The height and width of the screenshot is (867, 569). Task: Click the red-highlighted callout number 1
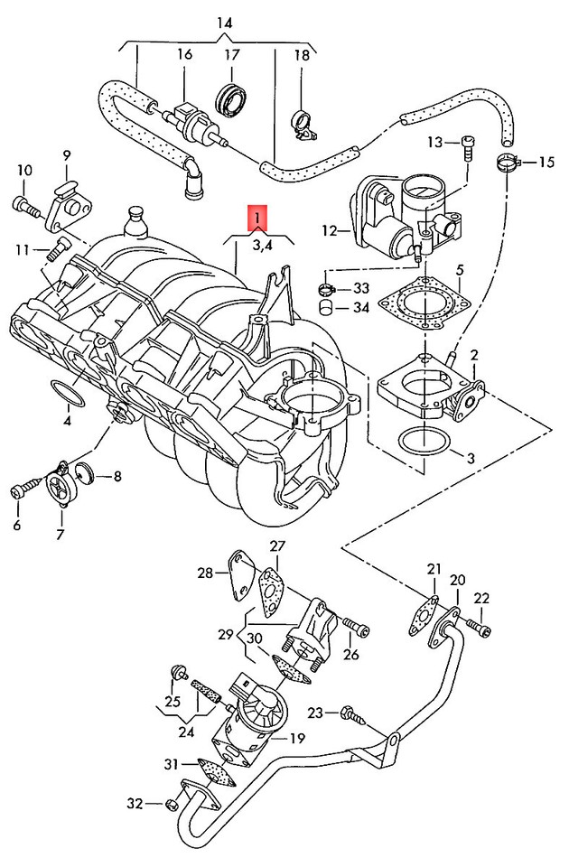(x=258, y=218)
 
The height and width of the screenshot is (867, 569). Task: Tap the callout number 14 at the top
(x=225, y=21)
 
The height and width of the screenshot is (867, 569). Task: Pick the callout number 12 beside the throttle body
(x=329, y=232)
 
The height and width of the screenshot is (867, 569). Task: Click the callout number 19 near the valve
(x=296, y=738)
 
